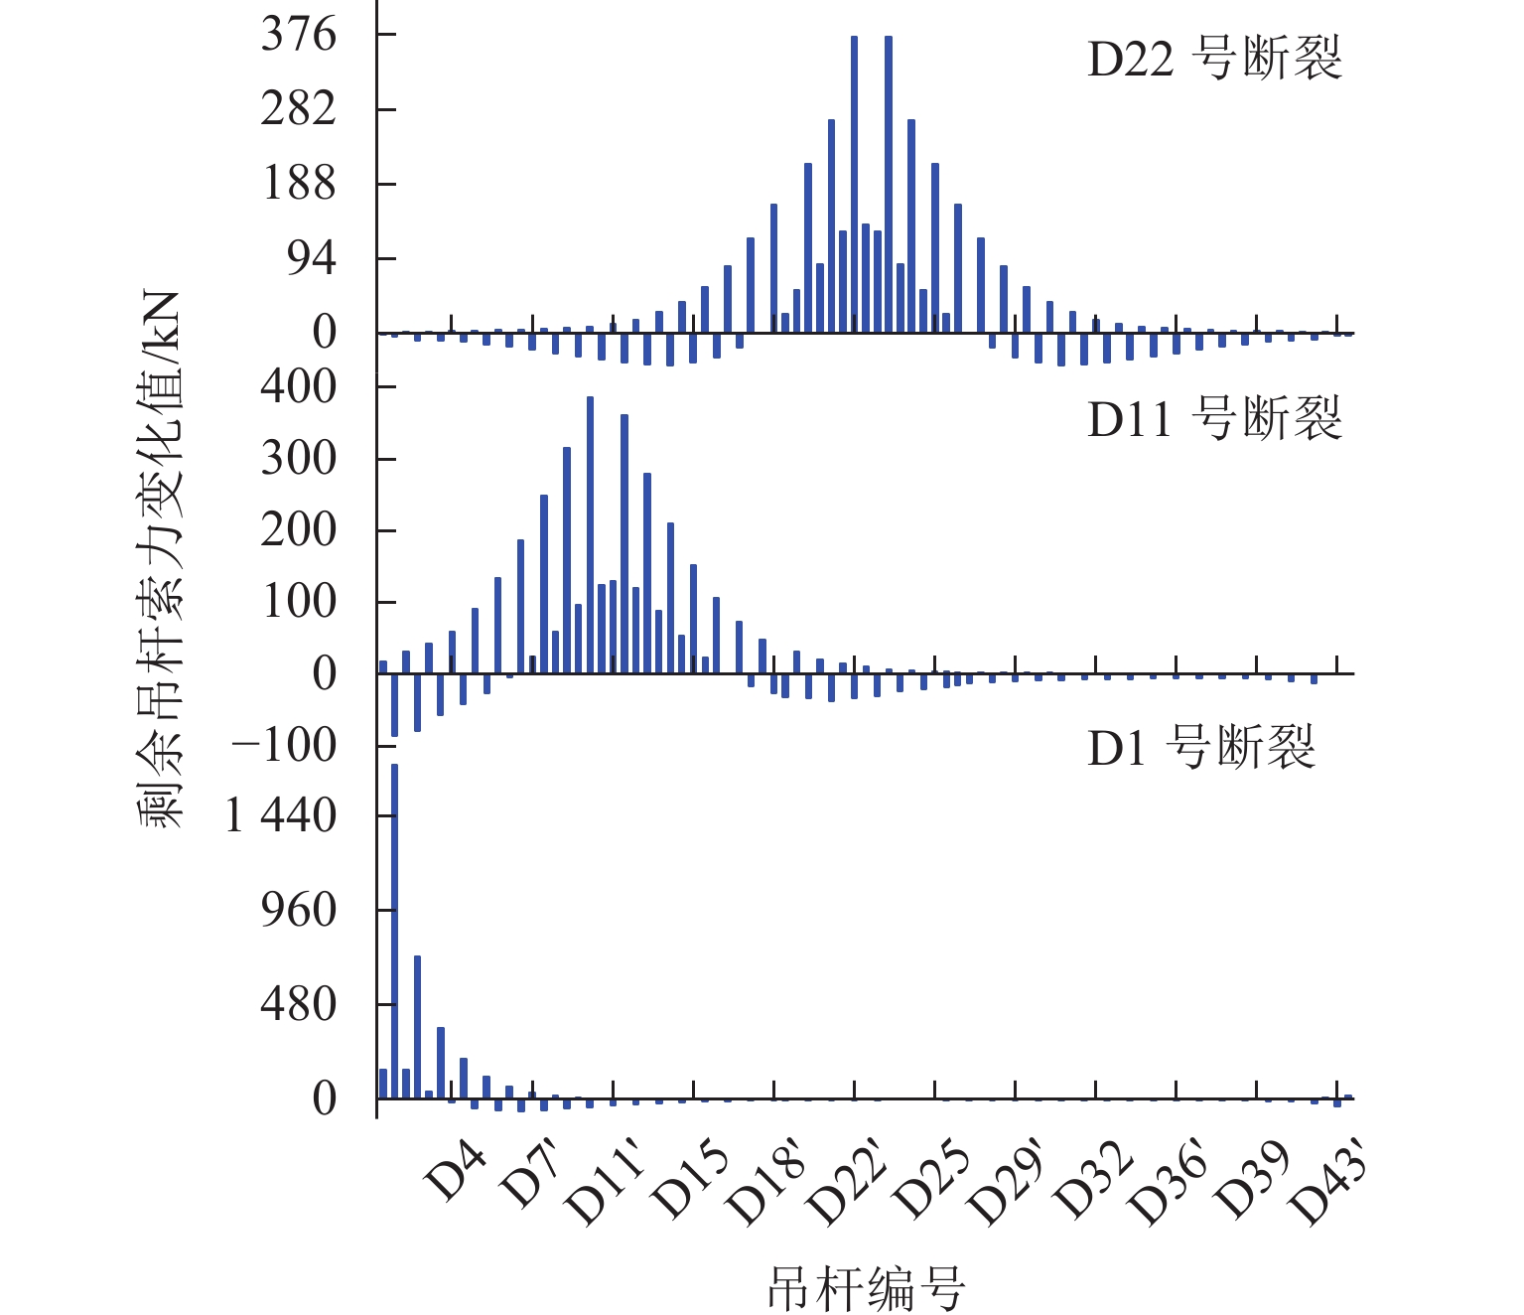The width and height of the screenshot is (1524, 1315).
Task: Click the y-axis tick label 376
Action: click(299, 36)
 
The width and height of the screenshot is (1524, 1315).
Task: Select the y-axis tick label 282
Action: click(299, 109)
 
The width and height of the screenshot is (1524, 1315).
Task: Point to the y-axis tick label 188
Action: click(299, 184)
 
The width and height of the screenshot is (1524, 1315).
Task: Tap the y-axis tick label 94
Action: click(312, 259)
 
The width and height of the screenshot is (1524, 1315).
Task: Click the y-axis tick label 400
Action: click(299, 386)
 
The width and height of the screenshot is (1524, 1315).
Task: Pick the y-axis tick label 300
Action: click(299, 459)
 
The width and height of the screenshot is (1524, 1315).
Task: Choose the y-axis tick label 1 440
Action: click(282, 816)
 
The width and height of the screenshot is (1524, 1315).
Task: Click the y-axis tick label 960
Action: click(299, 910)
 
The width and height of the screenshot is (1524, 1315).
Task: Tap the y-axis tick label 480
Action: click(299, 1004)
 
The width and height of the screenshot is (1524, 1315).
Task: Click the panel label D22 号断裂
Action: click(1214, 59)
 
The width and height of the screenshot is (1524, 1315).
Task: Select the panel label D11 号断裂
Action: click(1214, 418)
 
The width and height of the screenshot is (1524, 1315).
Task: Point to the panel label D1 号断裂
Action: click(1201, 747)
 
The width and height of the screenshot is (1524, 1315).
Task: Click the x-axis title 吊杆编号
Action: click(866, 1289)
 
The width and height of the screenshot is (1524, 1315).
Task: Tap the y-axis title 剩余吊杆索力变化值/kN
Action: click(161, 559)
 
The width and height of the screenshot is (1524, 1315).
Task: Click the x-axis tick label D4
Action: click(456, 1173)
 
